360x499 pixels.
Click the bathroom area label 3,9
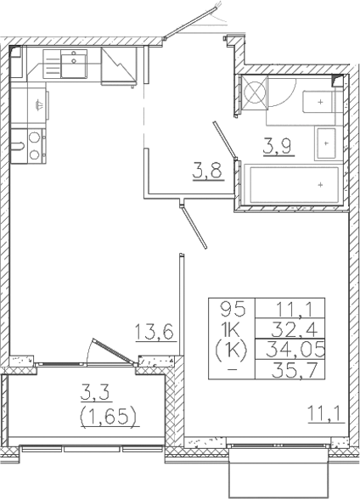pos(273,144)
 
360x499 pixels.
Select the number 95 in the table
pos(232,310)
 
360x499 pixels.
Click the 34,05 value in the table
pos(279,349)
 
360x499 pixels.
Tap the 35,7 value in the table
pos(280,369)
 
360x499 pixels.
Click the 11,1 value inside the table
pos(279,310)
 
